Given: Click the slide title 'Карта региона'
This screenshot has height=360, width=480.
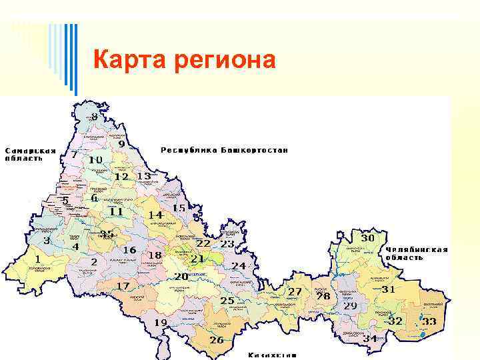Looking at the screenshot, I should (x=184, y=60).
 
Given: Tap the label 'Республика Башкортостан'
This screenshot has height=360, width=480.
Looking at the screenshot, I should (x=225, y=150).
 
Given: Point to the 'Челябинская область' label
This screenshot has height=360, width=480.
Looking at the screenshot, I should (x=416, y=253).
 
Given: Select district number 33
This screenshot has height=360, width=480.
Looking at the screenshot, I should (x=429, y=321).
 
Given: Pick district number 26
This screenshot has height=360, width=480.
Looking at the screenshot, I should (x=217, y=339).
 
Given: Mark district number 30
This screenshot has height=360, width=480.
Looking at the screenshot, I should (x=367, y=238).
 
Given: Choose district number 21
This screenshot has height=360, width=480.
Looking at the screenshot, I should (x=197, y=258).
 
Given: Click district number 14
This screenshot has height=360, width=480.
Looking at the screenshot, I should (x=155, y=215).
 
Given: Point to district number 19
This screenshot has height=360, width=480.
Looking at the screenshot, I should (x=161, y=323).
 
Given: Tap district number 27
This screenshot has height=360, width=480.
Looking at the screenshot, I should (x=295, y=292).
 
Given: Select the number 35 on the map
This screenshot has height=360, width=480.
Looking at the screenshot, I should (x=107, y=235).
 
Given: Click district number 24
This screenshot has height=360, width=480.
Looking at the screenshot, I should (x=239, y=265).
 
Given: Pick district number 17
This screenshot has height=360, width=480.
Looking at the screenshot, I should (x=123, y=286).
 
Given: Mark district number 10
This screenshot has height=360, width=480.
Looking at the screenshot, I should (x=95, y=160).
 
